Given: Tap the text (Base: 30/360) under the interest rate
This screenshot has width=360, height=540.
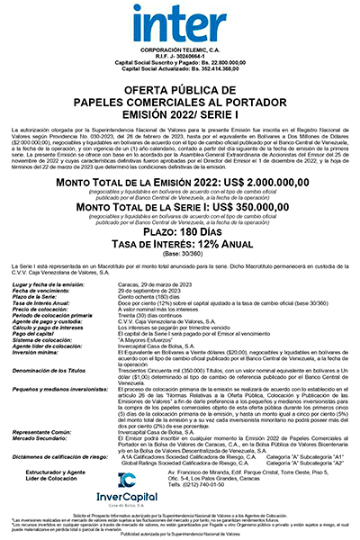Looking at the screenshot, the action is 180,257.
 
